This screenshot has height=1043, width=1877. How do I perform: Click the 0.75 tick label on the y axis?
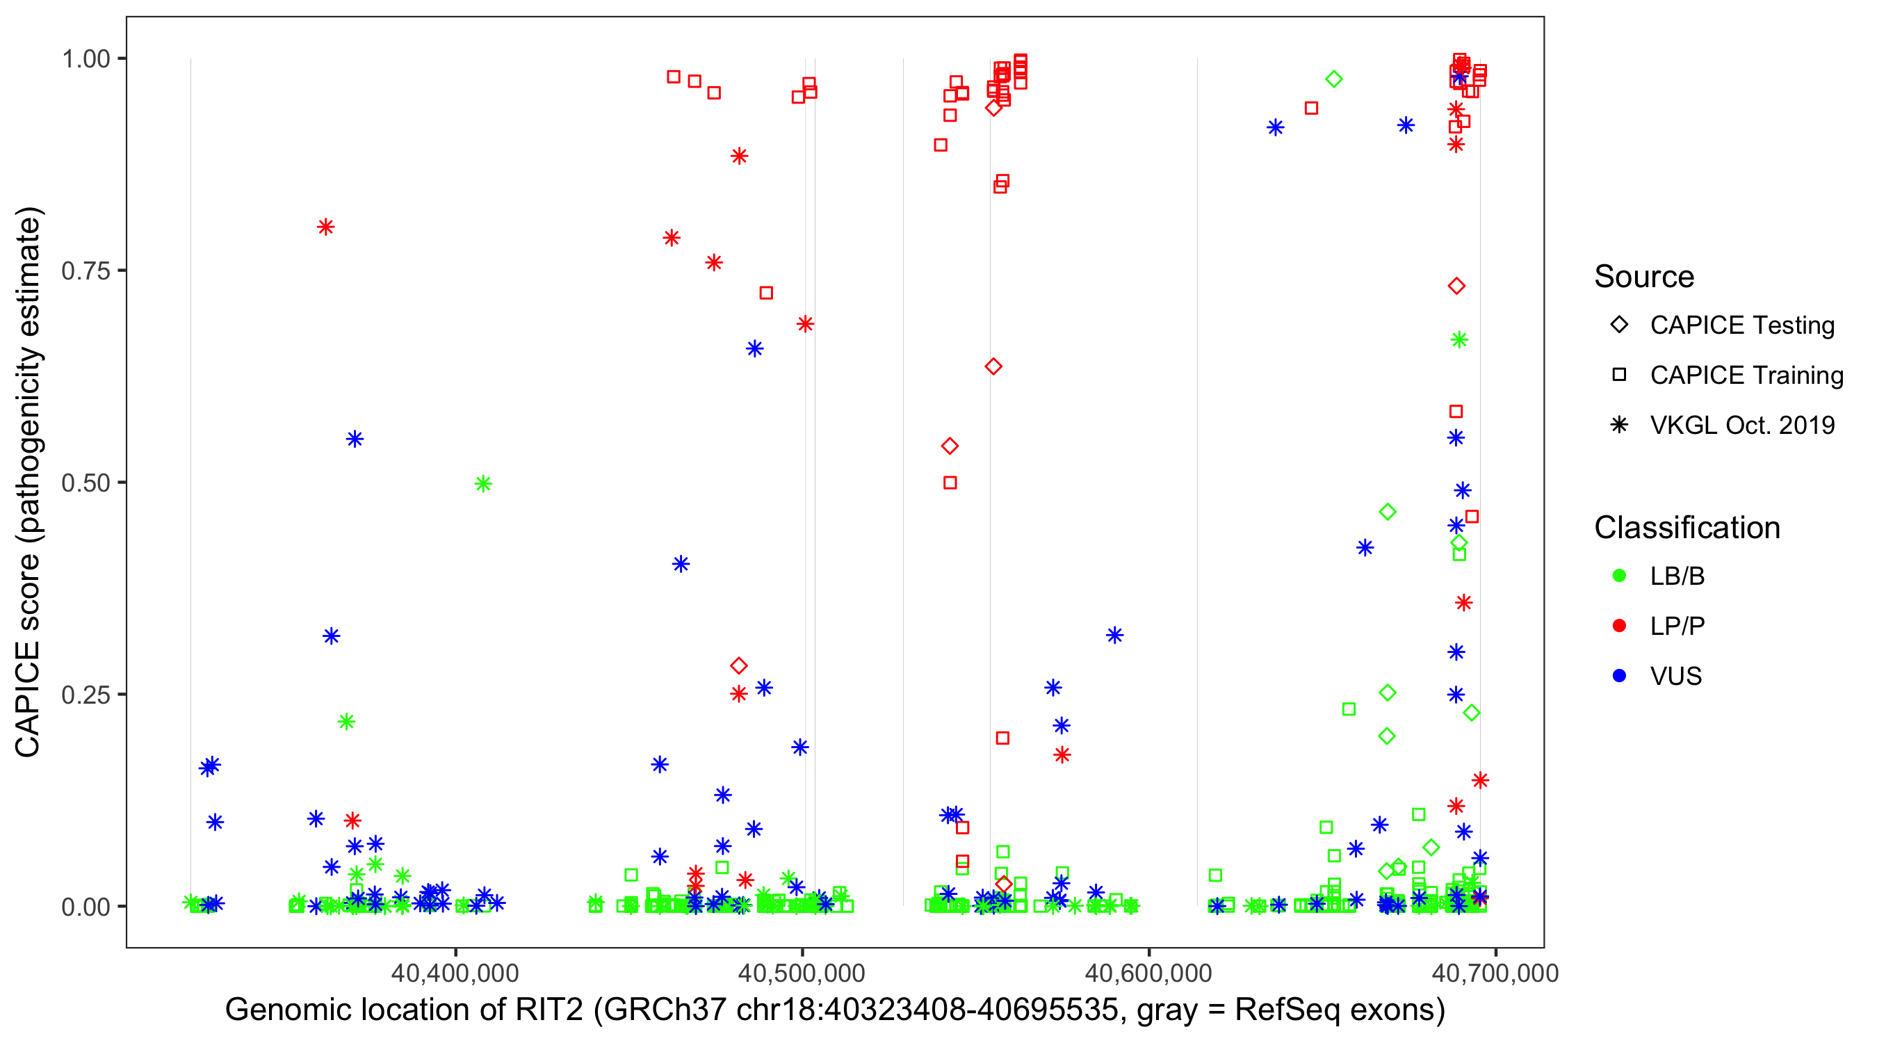[85, 271]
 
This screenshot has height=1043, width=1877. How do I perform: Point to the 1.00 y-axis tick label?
[85, 59]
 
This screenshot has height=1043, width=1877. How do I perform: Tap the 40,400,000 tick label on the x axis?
[455, 972]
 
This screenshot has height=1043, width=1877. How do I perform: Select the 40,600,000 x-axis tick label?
[1148, 972]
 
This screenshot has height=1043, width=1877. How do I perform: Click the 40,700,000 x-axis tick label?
[1495, 972]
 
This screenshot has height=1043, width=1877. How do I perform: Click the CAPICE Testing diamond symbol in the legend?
[1619, 325]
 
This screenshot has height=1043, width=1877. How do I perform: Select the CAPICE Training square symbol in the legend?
[1619, 375]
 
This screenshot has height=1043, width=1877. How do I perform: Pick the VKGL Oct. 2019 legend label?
[1742, 426]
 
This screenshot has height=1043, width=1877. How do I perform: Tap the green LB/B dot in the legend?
[1619, 576]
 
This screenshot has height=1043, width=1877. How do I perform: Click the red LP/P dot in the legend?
[1619, 626]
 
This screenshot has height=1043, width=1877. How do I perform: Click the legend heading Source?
[1644, 277]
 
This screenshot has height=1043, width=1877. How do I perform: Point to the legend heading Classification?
[1687, 528]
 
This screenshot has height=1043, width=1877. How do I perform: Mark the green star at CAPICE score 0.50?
[483, 484]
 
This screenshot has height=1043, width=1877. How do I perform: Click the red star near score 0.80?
[326, 227]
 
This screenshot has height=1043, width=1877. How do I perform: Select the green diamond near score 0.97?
[1333, 79]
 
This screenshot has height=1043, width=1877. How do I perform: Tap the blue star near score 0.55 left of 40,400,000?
[355, 439]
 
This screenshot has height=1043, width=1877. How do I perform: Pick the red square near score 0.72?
[766, 293]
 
